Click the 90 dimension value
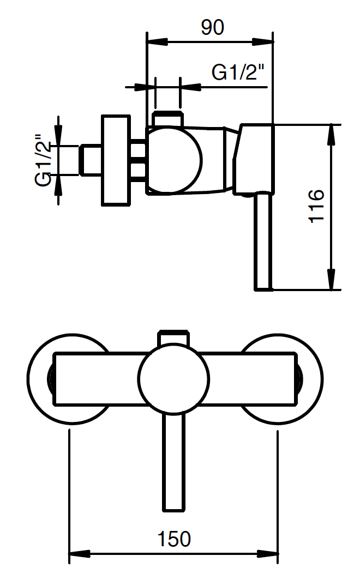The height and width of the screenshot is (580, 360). tap(212, 27)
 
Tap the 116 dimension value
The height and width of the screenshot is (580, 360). tap(317, 206)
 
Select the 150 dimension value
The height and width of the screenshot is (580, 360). tap(174, 539)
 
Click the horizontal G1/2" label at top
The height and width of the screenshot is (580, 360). tap(239, 72)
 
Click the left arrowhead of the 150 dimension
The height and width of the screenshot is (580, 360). tap(80, 554)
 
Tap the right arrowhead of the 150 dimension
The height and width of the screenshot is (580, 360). tap(267, 554)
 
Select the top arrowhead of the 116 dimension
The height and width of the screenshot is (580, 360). tap(332, 135)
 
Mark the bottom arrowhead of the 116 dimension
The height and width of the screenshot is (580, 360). tap(332, 279)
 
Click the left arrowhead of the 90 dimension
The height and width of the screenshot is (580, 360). tap(158, 41)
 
